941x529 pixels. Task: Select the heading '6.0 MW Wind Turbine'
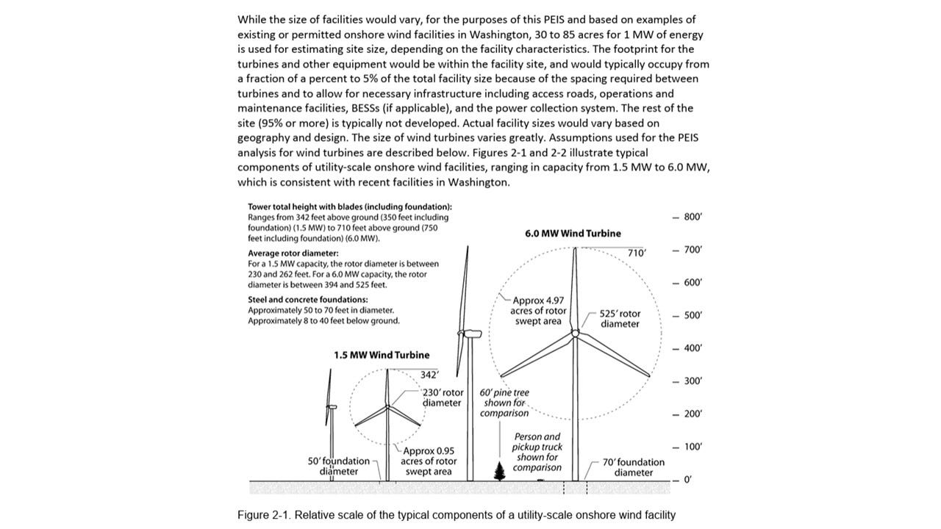pos(573,234)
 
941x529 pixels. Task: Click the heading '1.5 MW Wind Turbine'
pos(382,356)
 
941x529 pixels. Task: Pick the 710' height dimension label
pos(637,253)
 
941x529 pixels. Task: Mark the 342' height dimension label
pos(429,375)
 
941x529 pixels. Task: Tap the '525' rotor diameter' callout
pos(619,319)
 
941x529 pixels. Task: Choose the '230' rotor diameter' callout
pos(443,397)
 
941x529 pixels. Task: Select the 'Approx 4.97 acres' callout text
pos(540,311)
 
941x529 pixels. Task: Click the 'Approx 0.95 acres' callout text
pos(429,461)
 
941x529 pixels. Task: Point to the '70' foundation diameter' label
pos(633,467)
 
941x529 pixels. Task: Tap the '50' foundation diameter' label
pos(338,467)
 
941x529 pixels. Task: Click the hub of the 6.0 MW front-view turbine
pos(575,333)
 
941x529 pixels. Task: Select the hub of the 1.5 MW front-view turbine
pos(387,406)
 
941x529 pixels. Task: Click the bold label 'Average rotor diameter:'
pos(289,253)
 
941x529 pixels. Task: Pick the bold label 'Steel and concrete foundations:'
pos(308,300)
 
